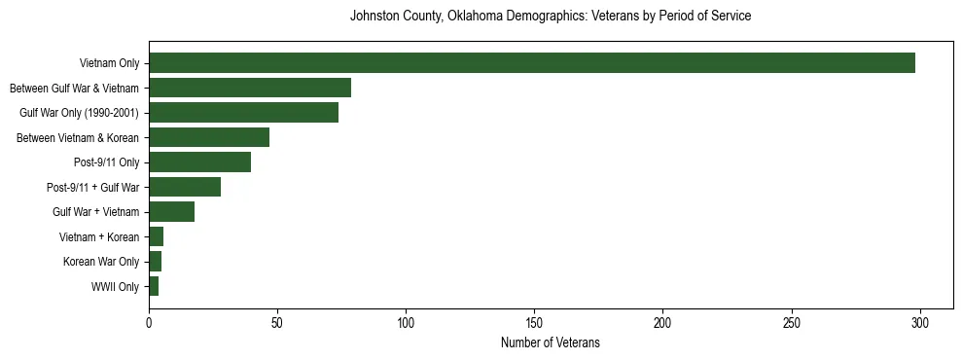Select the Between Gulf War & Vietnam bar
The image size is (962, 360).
click(250, 88)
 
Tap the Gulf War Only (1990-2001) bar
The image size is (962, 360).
click(243, 113)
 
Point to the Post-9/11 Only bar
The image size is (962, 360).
click(199, 162)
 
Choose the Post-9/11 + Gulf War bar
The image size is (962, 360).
click(185, 187)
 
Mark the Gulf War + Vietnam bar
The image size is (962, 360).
click(171, 212)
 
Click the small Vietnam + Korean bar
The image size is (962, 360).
click(157, 236)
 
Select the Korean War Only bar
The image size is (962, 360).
click(156, 262)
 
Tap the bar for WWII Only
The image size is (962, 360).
click(154, 286)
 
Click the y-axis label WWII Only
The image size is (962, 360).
click(115, 287)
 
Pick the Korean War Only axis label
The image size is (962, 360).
click(101, 262)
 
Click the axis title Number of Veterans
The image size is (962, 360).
click(550, 342)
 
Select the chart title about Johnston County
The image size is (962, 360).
click(550, 17)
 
